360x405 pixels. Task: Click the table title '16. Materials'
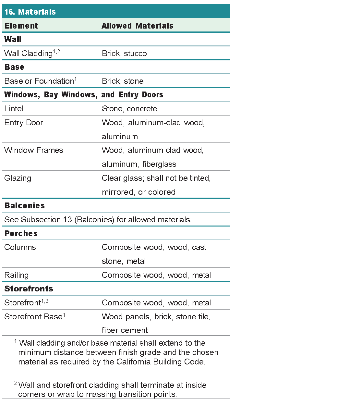[30, 12]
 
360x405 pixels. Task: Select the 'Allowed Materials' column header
[138, 26]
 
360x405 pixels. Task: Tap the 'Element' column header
[21, 26]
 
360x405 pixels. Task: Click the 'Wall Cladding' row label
[29, 54]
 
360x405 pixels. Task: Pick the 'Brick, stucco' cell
[124, 54]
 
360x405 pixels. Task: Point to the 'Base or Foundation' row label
[39, 81]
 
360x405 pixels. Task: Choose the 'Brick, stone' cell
[123, 81]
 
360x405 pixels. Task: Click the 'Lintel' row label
[14, 109]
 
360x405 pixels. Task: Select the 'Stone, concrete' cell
[129, 109]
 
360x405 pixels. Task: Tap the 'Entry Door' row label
[24, 123]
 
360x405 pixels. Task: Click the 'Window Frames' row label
[34, 150]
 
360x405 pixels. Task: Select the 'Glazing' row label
[18, 178]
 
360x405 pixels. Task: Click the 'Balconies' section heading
[25, 206]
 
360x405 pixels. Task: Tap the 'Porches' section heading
[21, 234]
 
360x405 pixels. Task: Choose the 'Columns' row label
[20, 247]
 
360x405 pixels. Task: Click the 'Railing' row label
[17, 275]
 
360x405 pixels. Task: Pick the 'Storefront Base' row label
[33, 317]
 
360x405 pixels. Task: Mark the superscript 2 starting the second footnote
[16, 383]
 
